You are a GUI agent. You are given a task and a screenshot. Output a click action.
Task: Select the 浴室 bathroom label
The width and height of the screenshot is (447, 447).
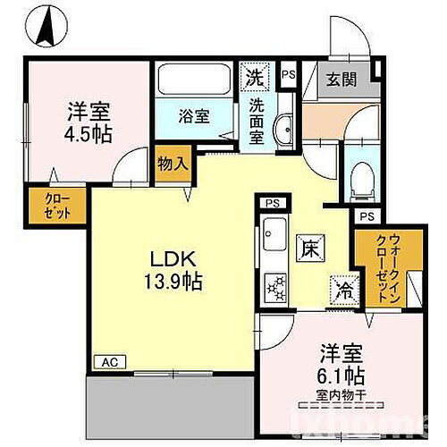pyautogui.click(x=191, y=116)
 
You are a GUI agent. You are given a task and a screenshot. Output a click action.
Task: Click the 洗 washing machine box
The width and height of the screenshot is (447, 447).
pyautogui.click(x=255, y=75)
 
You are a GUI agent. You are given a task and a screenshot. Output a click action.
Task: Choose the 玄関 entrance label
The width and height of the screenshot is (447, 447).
pyautogui.click(x=341, y=79)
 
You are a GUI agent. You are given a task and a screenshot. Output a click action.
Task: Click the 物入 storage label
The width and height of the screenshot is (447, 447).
pyautogui.click(x=172, y=164)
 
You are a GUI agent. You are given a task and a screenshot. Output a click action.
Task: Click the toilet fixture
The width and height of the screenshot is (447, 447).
pyautogui.click(x=361, y=178)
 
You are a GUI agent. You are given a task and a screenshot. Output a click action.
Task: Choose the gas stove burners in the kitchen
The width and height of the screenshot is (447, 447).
pyautogui.click(x=274, y=286)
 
